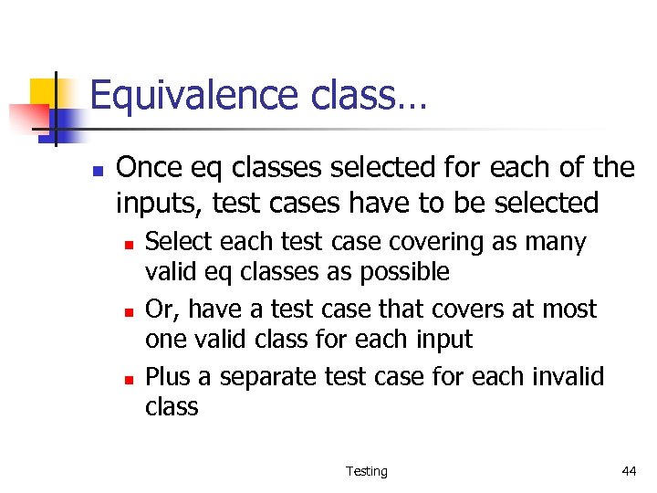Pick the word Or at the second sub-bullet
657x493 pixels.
[x=159, y=310]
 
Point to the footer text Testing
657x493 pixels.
[x=366, y=471]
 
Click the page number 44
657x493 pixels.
[x=629, y=471]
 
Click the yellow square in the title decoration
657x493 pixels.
[x=44, y=93]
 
